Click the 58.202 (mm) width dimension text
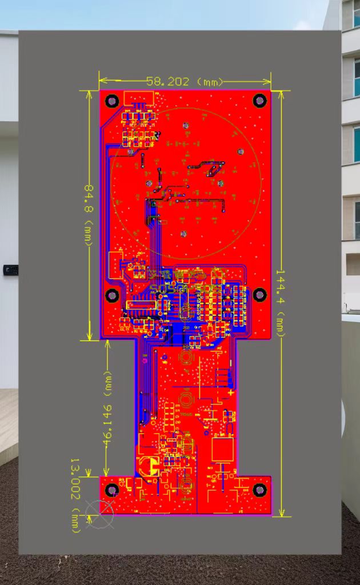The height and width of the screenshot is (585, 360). (184, 82)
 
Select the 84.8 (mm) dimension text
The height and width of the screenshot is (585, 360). (89, 214)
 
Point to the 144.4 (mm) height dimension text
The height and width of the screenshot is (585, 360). (282, 302)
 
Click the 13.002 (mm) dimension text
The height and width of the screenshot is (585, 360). (75, 495)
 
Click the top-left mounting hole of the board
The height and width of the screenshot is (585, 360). (113, 101)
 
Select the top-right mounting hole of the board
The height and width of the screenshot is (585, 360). (260, 101)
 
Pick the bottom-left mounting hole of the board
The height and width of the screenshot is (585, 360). (113, 490)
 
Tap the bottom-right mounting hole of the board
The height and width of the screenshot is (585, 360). (260, 490)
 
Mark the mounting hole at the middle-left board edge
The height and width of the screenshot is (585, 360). (113, 295)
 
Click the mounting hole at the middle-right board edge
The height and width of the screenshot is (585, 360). (260, 295)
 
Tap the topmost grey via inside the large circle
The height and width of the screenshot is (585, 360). (185, 125)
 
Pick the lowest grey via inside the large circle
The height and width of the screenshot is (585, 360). (184, 234)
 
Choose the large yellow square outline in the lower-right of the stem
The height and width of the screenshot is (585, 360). (223, 449)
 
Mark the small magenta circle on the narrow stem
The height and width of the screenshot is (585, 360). (145, 360)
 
